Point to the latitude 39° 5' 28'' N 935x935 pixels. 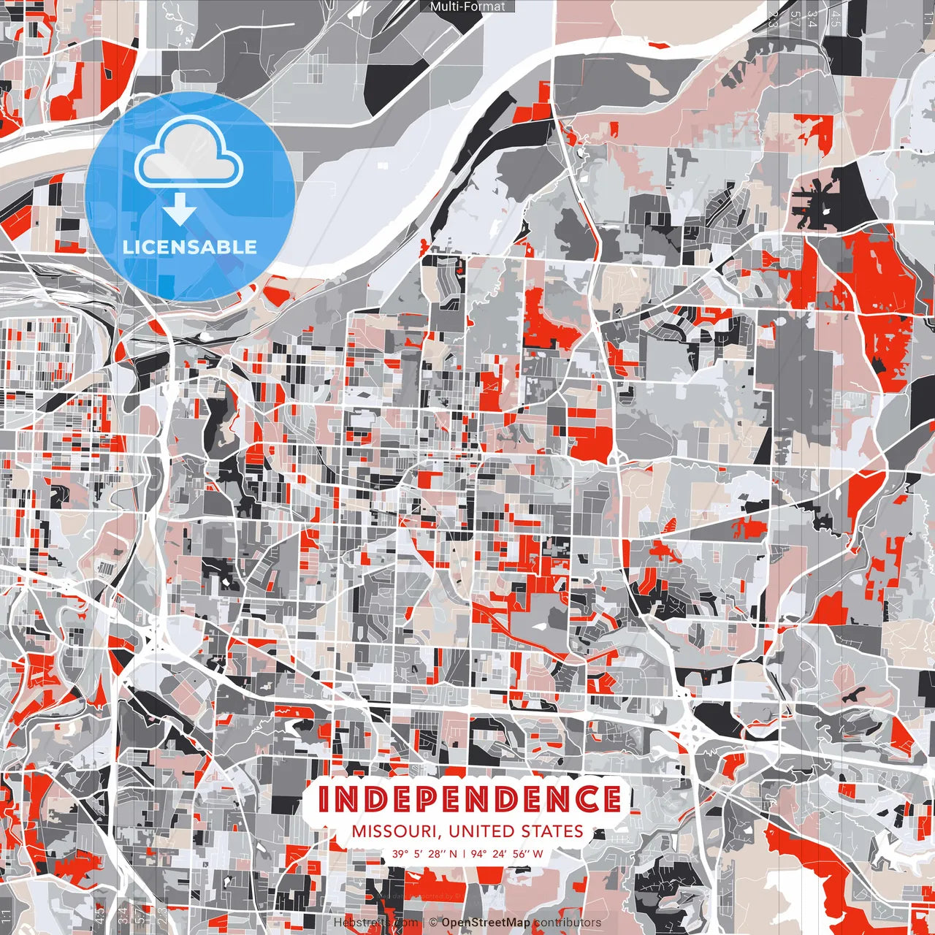[424, 853]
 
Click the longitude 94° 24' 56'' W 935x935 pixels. [507, 853]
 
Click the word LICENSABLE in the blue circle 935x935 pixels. [190, 247]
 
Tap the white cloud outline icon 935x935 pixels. [189, 153]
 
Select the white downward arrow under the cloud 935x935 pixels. [180, 210]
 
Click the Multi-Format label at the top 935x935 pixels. [467, 7]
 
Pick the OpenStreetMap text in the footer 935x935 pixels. [486, 923]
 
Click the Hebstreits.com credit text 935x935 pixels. [375, 923]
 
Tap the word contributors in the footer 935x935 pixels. [568, 923]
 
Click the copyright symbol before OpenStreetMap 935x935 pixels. [433, 923]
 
